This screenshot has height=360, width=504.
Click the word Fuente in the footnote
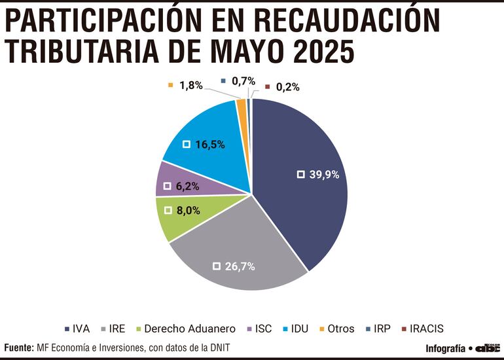pos(18,348)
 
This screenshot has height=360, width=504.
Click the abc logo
pos(487,348)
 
